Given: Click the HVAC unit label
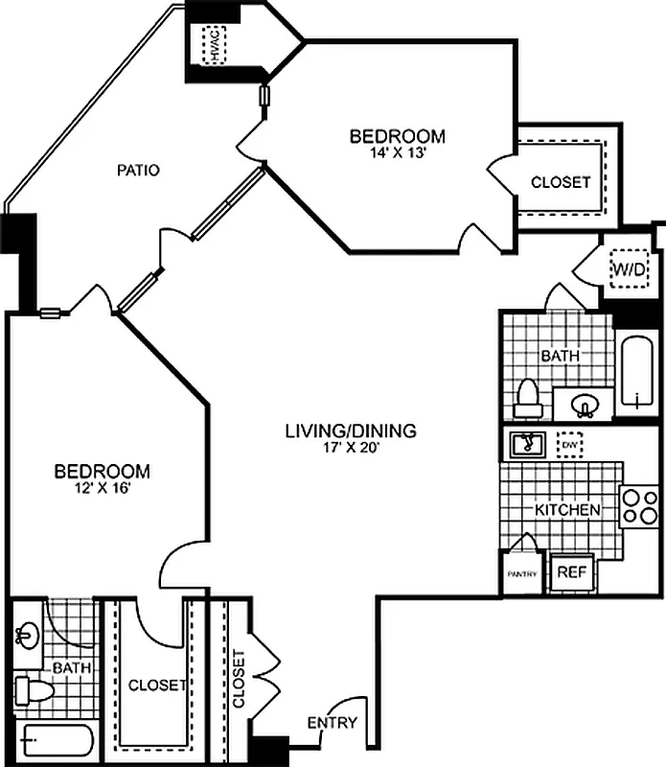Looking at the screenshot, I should click(216, 42).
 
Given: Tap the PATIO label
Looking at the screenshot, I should click(138, 171).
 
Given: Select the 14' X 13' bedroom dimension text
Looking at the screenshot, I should click(397, 151).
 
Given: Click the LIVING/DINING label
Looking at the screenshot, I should click(351, 430).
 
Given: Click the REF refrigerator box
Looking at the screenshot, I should click(572, 572).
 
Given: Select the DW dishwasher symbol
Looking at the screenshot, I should click(570, 445).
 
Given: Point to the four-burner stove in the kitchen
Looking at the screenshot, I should click(639, 506).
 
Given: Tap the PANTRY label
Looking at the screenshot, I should click(521, 574).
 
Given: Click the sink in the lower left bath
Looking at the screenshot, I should click(25, 634).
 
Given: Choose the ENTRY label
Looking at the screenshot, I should click(333, 723).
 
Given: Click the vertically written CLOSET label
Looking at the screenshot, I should click(238, 680).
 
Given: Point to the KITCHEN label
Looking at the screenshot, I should click(567, 510).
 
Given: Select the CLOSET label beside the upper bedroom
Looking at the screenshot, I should click(561, 181).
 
